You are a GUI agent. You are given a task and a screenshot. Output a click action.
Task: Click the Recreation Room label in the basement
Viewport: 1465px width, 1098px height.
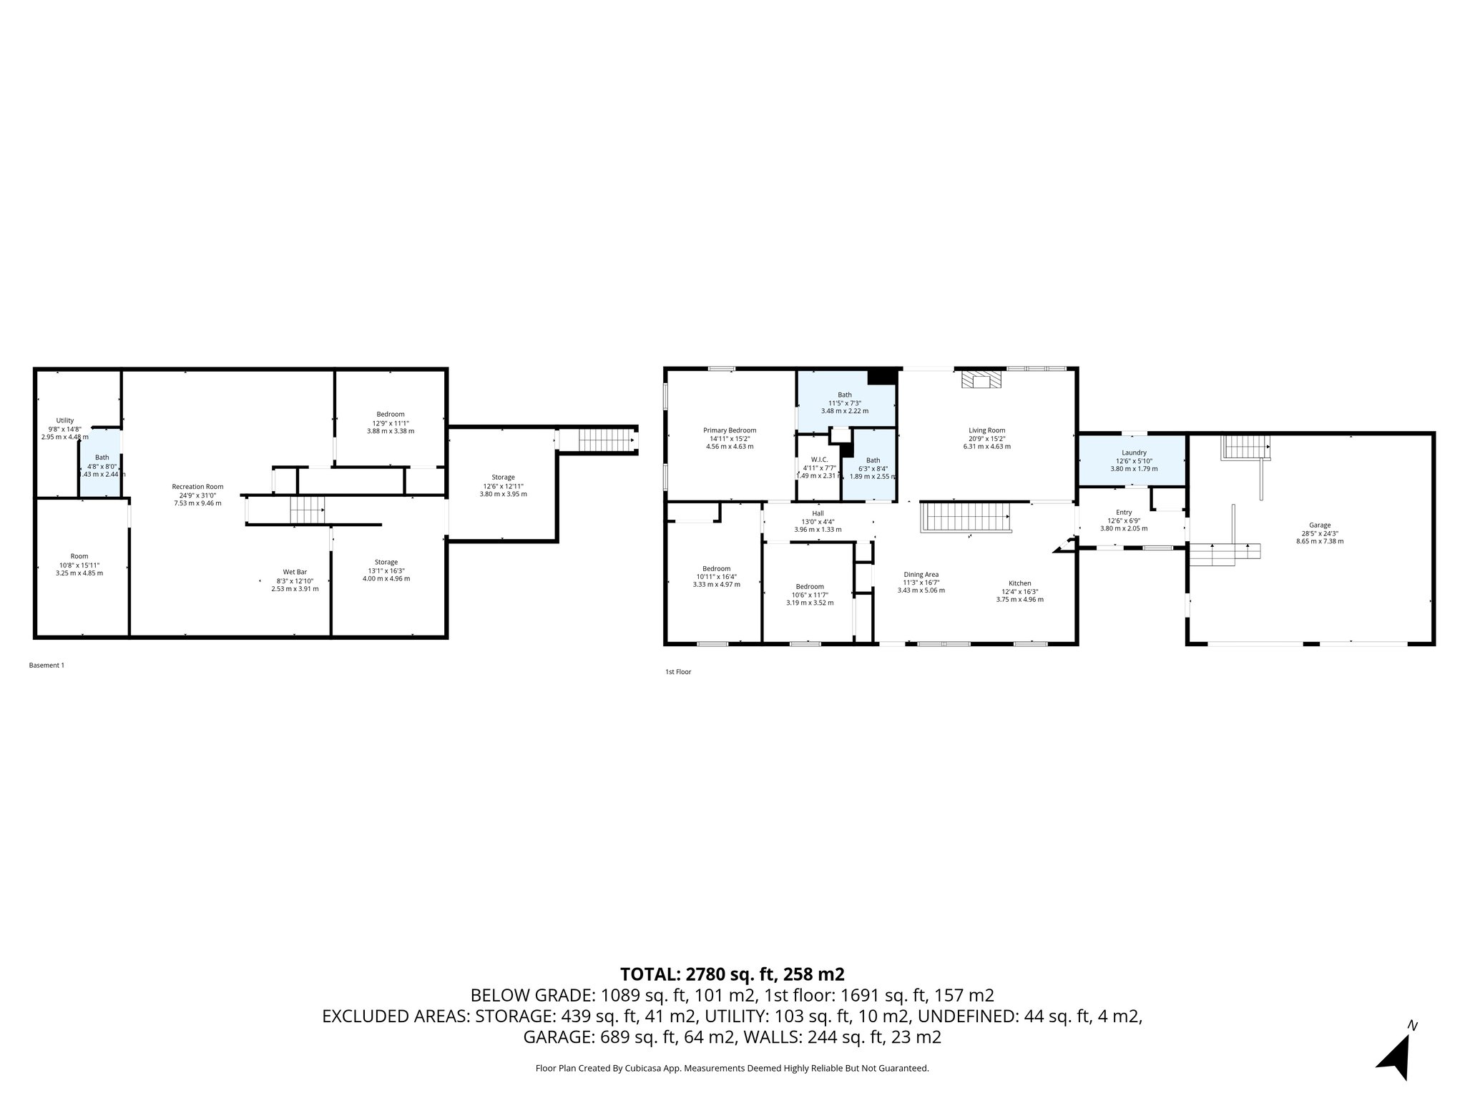pyautogui.click(x=197, y=487)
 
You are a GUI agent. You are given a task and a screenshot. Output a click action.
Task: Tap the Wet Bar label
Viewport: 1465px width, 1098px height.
pyautogui.click(x=295, y=572)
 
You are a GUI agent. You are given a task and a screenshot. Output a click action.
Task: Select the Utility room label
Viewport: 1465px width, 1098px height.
pyautogui.click(x=65, y=421)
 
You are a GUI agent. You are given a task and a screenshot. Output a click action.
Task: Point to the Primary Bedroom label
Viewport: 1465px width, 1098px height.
pyautogui.click(x=729, y=430)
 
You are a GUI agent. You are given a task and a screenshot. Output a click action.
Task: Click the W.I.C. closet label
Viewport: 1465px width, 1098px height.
pyautogui.click(x=819, y=460)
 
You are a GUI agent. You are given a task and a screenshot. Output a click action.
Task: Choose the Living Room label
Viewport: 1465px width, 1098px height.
pyautogui.click(x=986, y=430)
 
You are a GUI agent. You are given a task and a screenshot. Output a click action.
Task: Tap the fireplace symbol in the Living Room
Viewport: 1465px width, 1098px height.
pyautogui.click(x=981, y=380)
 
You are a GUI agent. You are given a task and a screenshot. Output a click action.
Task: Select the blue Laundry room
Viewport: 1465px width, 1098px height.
pyautogui.click(x=1133, y=460)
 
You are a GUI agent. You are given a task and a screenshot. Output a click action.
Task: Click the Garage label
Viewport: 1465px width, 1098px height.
pyautogui.click(x=1319, y=525)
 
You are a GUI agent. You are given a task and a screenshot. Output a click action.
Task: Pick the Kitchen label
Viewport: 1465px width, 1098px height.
pyautogui.click(x=1019, y=583)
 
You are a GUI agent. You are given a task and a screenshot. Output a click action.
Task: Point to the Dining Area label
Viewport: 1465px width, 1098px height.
pyautogui.click(x=921, y=575)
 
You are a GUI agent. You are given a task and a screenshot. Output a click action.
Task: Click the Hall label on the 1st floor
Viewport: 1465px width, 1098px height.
pyautogui.click(x=818, y=513)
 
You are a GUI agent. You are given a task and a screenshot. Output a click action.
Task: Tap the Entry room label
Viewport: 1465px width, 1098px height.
pyautogui.click(x=1123, y=513)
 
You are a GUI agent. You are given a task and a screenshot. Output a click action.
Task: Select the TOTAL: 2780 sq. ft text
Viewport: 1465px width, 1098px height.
pyautogui.click(x=732, y=974)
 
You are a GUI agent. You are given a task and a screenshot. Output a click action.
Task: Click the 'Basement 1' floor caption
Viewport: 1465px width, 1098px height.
pyautogui.click(x=46, y=666)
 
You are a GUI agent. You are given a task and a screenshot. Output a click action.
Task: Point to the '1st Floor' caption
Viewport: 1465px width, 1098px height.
pyautogui.click(x=678, y=672)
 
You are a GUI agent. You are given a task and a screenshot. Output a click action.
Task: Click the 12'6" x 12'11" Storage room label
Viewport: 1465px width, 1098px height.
pyautogui.click(x=503, y=478)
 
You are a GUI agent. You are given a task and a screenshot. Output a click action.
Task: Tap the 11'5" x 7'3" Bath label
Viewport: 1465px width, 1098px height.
pyautogui.click(x=845, y=395)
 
